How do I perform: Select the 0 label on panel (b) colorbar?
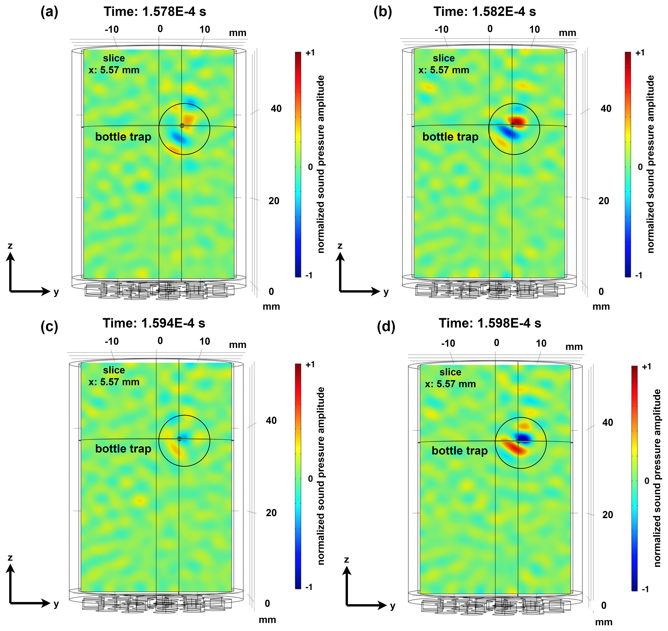click(640, 167)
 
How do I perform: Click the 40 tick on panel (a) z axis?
click(276, 109)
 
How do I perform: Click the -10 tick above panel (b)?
click(441, 30)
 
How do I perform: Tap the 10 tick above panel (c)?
click(204, 341)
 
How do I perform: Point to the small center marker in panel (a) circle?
click(182, 125)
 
